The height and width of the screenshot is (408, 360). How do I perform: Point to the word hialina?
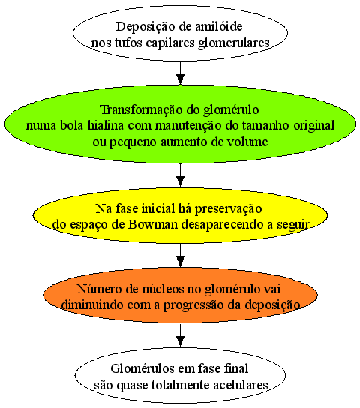(x=105, y=125)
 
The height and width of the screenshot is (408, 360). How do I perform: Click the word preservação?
(x=228, y=209)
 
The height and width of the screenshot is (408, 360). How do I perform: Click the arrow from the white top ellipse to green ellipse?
(x=180, y=73)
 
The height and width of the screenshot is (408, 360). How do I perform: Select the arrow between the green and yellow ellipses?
(x=180, y=175)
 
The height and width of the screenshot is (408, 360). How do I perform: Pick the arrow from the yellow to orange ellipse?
(x=180, y=255)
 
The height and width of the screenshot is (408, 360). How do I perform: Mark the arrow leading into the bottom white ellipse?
(x=180, y=335)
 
